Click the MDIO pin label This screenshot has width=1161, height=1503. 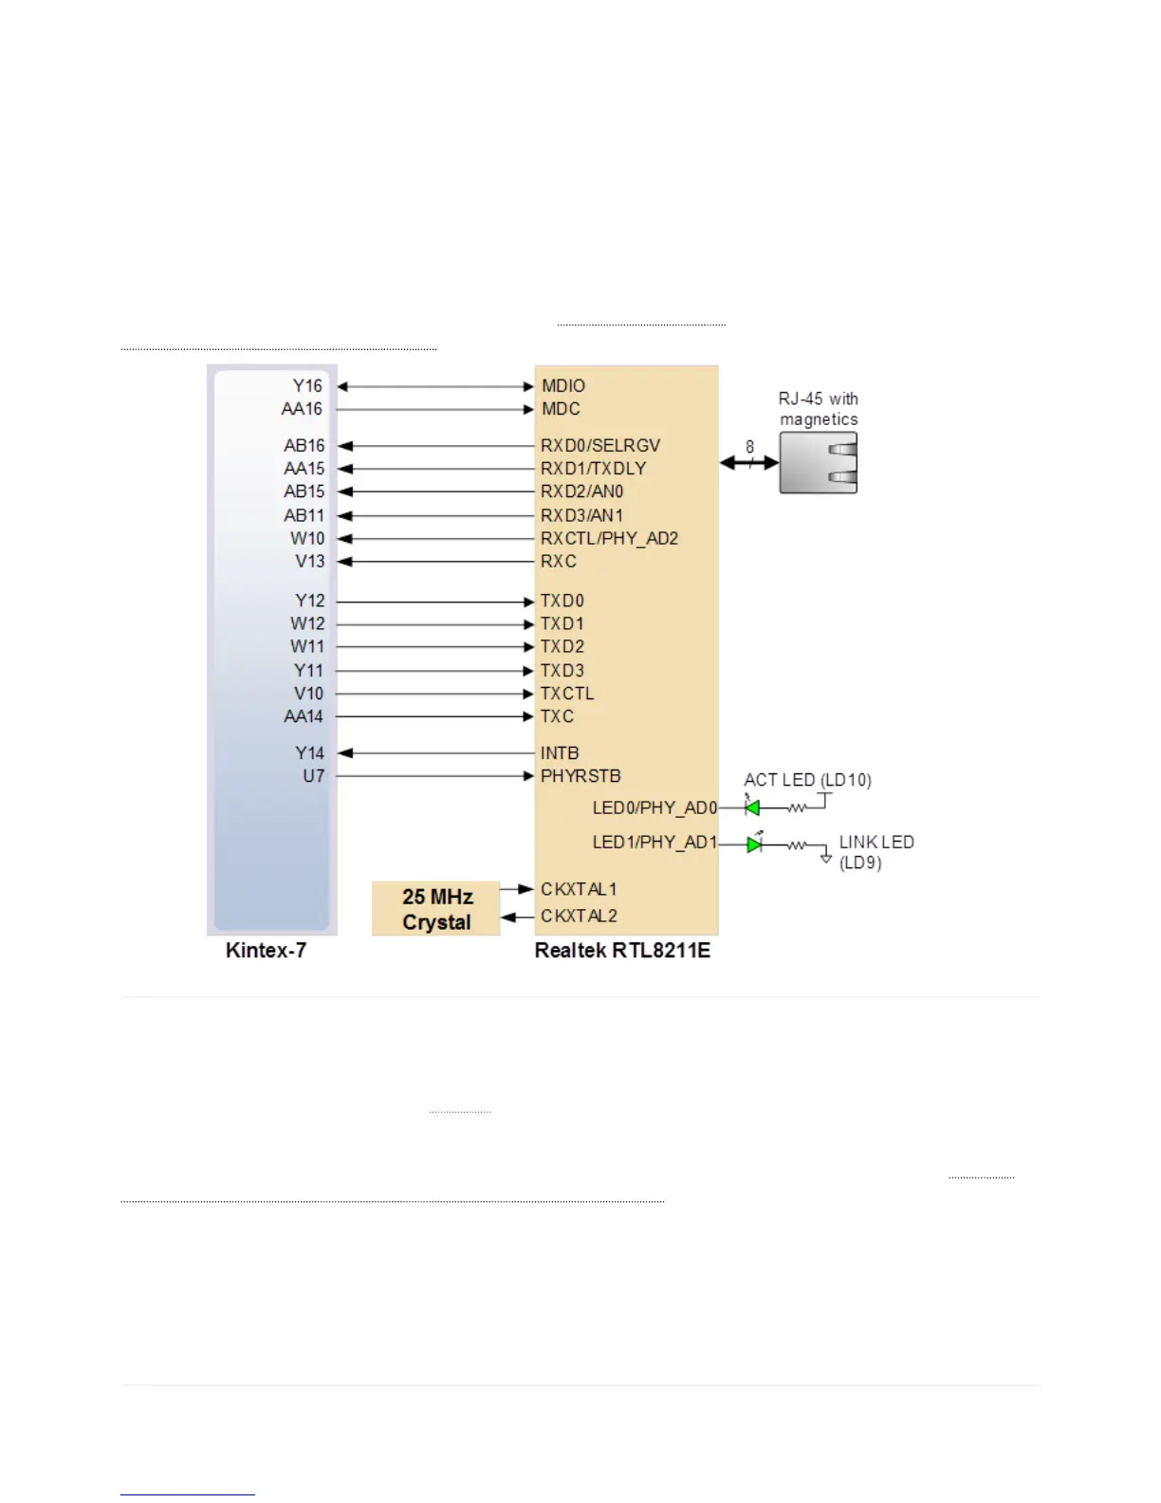point(563,386)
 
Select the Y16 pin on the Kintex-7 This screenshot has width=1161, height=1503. point(307,386)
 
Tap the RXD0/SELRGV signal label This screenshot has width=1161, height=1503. point(599,445)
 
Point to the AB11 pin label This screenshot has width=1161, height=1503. point(304,515)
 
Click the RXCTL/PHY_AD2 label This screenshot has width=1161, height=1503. point(609,538)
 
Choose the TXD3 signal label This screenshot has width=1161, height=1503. point(562,670)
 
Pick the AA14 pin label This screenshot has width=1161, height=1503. point(304,716)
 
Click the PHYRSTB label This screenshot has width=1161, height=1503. point(580,776)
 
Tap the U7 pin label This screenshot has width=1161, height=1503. point(313,776)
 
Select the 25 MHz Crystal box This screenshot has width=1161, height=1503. point(436,909)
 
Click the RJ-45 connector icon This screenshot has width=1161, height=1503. point(819,463)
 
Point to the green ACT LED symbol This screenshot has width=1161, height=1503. point(752,808)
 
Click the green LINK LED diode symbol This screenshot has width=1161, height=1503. point(754,844)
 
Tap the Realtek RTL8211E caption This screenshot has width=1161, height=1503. point(622,951)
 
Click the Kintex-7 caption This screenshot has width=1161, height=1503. point(266,951)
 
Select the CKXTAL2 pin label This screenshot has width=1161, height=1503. point(579,916)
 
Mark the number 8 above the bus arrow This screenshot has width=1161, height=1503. point(749,447)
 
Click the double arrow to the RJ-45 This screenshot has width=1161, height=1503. point(749,463)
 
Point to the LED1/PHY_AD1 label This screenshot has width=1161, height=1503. point(654,843)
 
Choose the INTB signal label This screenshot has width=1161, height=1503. point(560,753)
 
